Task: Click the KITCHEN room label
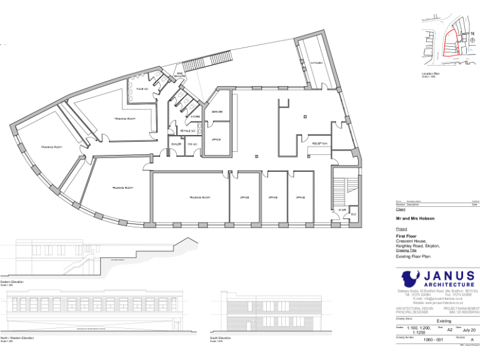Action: pyautogui.click(x=317, y=63)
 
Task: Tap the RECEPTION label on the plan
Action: pyautogui.click(x=321, y=142)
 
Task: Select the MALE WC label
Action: pyautogui.click(x=142, y=89)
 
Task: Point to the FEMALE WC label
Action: pyautogui.click(x=187, y=130)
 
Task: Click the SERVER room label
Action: pyautogui.click(x=217, y=111)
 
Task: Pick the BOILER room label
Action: pyautogui.click(x=176, y=144)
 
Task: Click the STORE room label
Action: pyautogui.click(x=196, y=116)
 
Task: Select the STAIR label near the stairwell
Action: pyautogui.click(x=342, y=210)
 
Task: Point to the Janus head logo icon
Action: pyautogui.click(x=411, y=278)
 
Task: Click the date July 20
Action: pyautogui.click(x=469, y=329)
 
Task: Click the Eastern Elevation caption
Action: pyautogui.click(x=12, y=282)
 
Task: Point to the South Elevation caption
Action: pyautogui.click(x=221, y=338)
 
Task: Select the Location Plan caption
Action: pyautogui.click(x=431, y=74)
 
